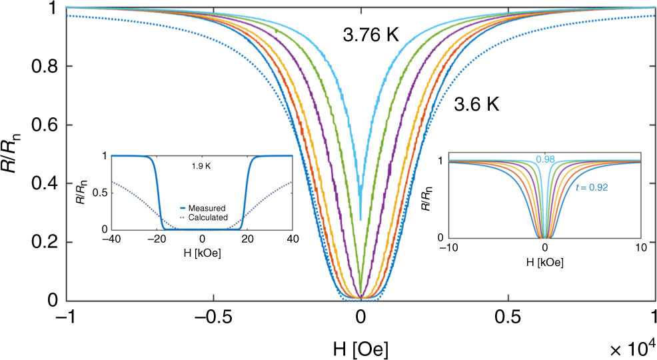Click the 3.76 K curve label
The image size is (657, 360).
(370, 36)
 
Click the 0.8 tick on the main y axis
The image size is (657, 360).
(46, 67)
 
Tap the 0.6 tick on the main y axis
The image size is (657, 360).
(46, 125)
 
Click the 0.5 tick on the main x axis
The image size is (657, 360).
(509, 317)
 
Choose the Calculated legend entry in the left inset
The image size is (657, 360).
(209, 217)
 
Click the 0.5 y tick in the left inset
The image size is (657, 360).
(102, 193)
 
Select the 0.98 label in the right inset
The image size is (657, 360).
(546, 159)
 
